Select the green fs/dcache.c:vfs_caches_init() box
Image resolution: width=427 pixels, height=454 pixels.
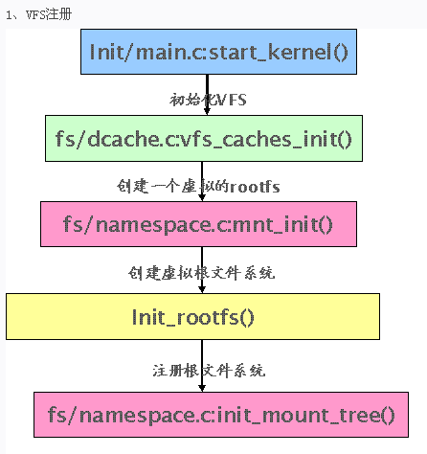[x=203, y=138]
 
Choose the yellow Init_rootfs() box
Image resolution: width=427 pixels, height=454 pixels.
[x=192, y=316]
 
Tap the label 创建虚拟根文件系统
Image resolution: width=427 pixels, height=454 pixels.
[x=202, y=272]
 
